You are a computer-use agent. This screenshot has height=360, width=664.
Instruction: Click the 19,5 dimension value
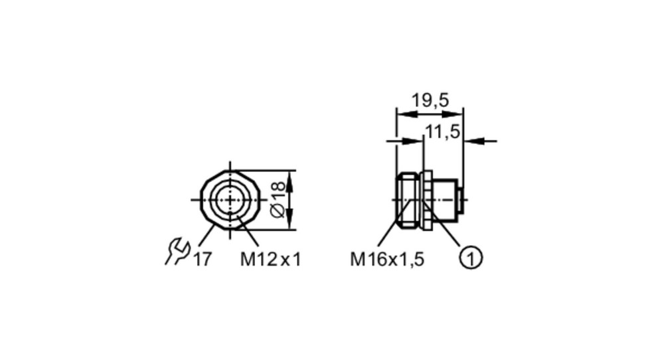pos(430,101)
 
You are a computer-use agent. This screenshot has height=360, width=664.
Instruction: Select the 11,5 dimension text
pos(442,132)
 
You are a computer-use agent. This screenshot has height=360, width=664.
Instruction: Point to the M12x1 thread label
pos(271,259)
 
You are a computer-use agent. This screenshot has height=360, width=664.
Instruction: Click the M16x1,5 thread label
pos(387,259)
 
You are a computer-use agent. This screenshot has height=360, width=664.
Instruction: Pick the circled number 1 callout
pos(471,258)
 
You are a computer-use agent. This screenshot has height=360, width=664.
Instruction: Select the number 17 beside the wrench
pos(202,259)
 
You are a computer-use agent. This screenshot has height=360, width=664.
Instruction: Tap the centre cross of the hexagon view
pos(230,199)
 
